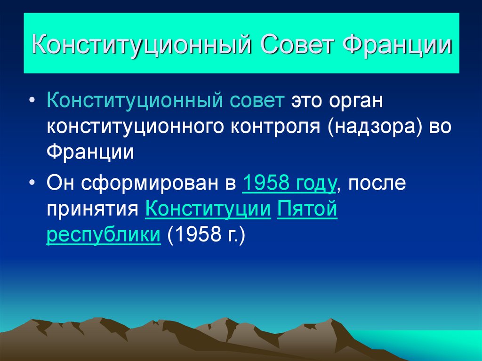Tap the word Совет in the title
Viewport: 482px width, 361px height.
click(294, 48)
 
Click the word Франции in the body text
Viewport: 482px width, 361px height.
click(90, 153)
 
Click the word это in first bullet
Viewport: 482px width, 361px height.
click(305, 102)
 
